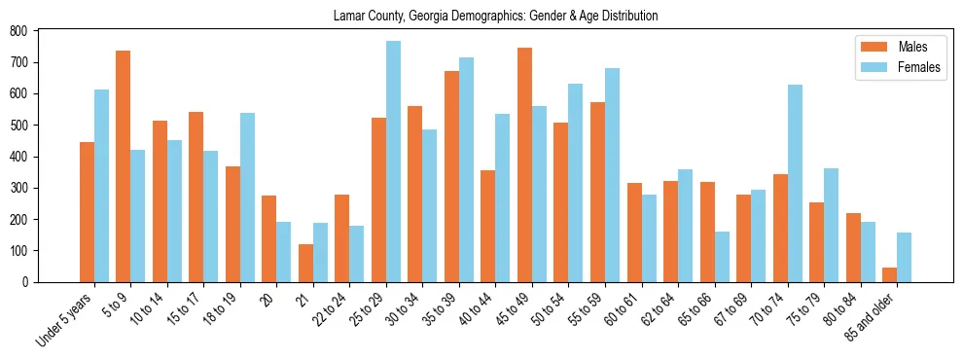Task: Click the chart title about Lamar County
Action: [x=495, y=16]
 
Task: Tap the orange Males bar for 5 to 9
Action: [x=124, y=166]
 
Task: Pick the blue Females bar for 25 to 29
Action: [x=393, y=162]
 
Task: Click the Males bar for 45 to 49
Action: [x=524, y=164]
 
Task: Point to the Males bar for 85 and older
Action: [x=889, y=274]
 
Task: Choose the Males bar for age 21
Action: [x=305, y=263]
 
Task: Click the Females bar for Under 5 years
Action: [x=101, y=186]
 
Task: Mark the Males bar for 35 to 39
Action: [x=451, y=176]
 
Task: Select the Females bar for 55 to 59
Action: [x=612, y=175]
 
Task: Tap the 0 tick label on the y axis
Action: [x=26, y=282]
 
